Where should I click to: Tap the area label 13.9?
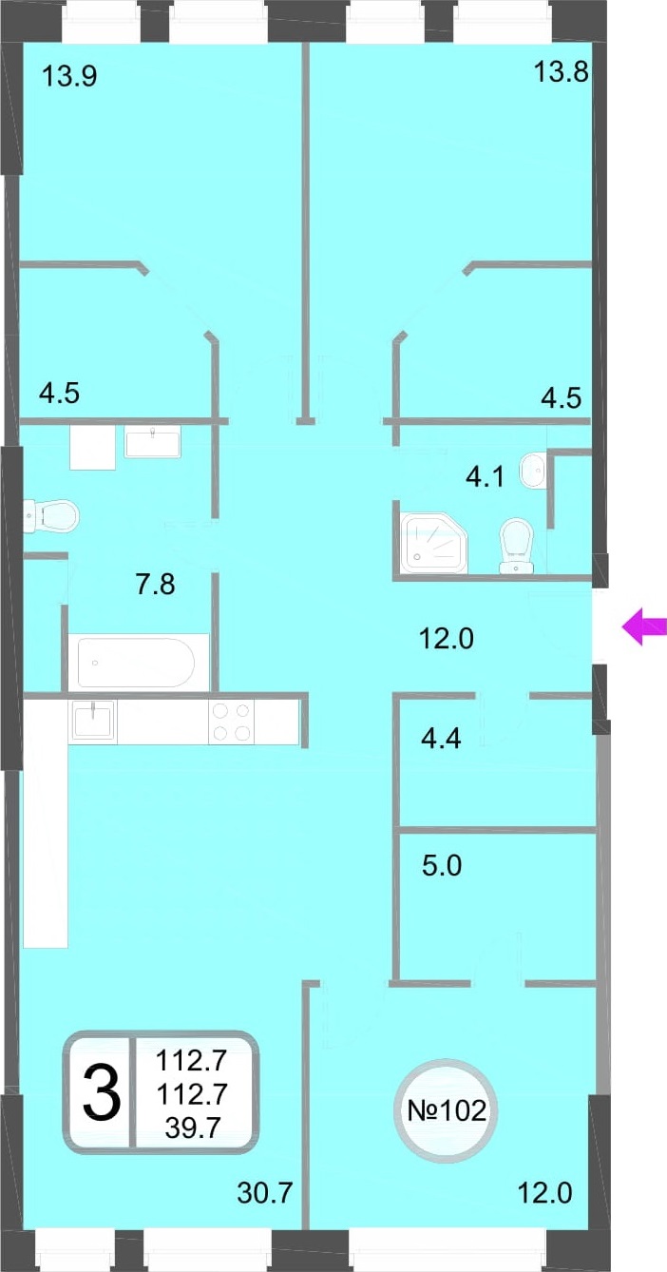pyautogui.click(x=69, y=75)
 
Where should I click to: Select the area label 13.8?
pyautogui.click(x=561, y=72)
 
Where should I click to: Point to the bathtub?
pyautogui.click(x=136, y=662)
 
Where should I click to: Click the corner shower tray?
pyautogui.click(x=433, y=541)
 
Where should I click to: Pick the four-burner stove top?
pyautogui.click(x=232, y=722)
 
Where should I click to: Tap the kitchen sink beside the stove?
pyautogui.click(x=92, y=722)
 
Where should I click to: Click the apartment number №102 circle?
pyautogui.click(x=448, y=1110)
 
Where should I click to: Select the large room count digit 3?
pyautogui.click(x=102, y=1092)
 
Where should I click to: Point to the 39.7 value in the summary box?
pyautogui.click(x=193, y=1127)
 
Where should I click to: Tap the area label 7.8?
pyautogui.click(x=156, y=585)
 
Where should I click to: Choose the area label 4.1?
pyautogui.click(x=485, y=476)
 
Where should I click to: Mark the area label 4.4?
pyautogui.click(x=441, y=739)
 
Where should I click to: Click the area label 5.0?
pyautogui.click(x=442, y=866)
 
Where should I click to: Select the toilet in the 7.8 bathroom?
pyautogui.click(x=50, y=515)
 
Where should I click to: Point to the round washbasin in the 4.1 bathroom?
pyautogui.click(x=532, y=470)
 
